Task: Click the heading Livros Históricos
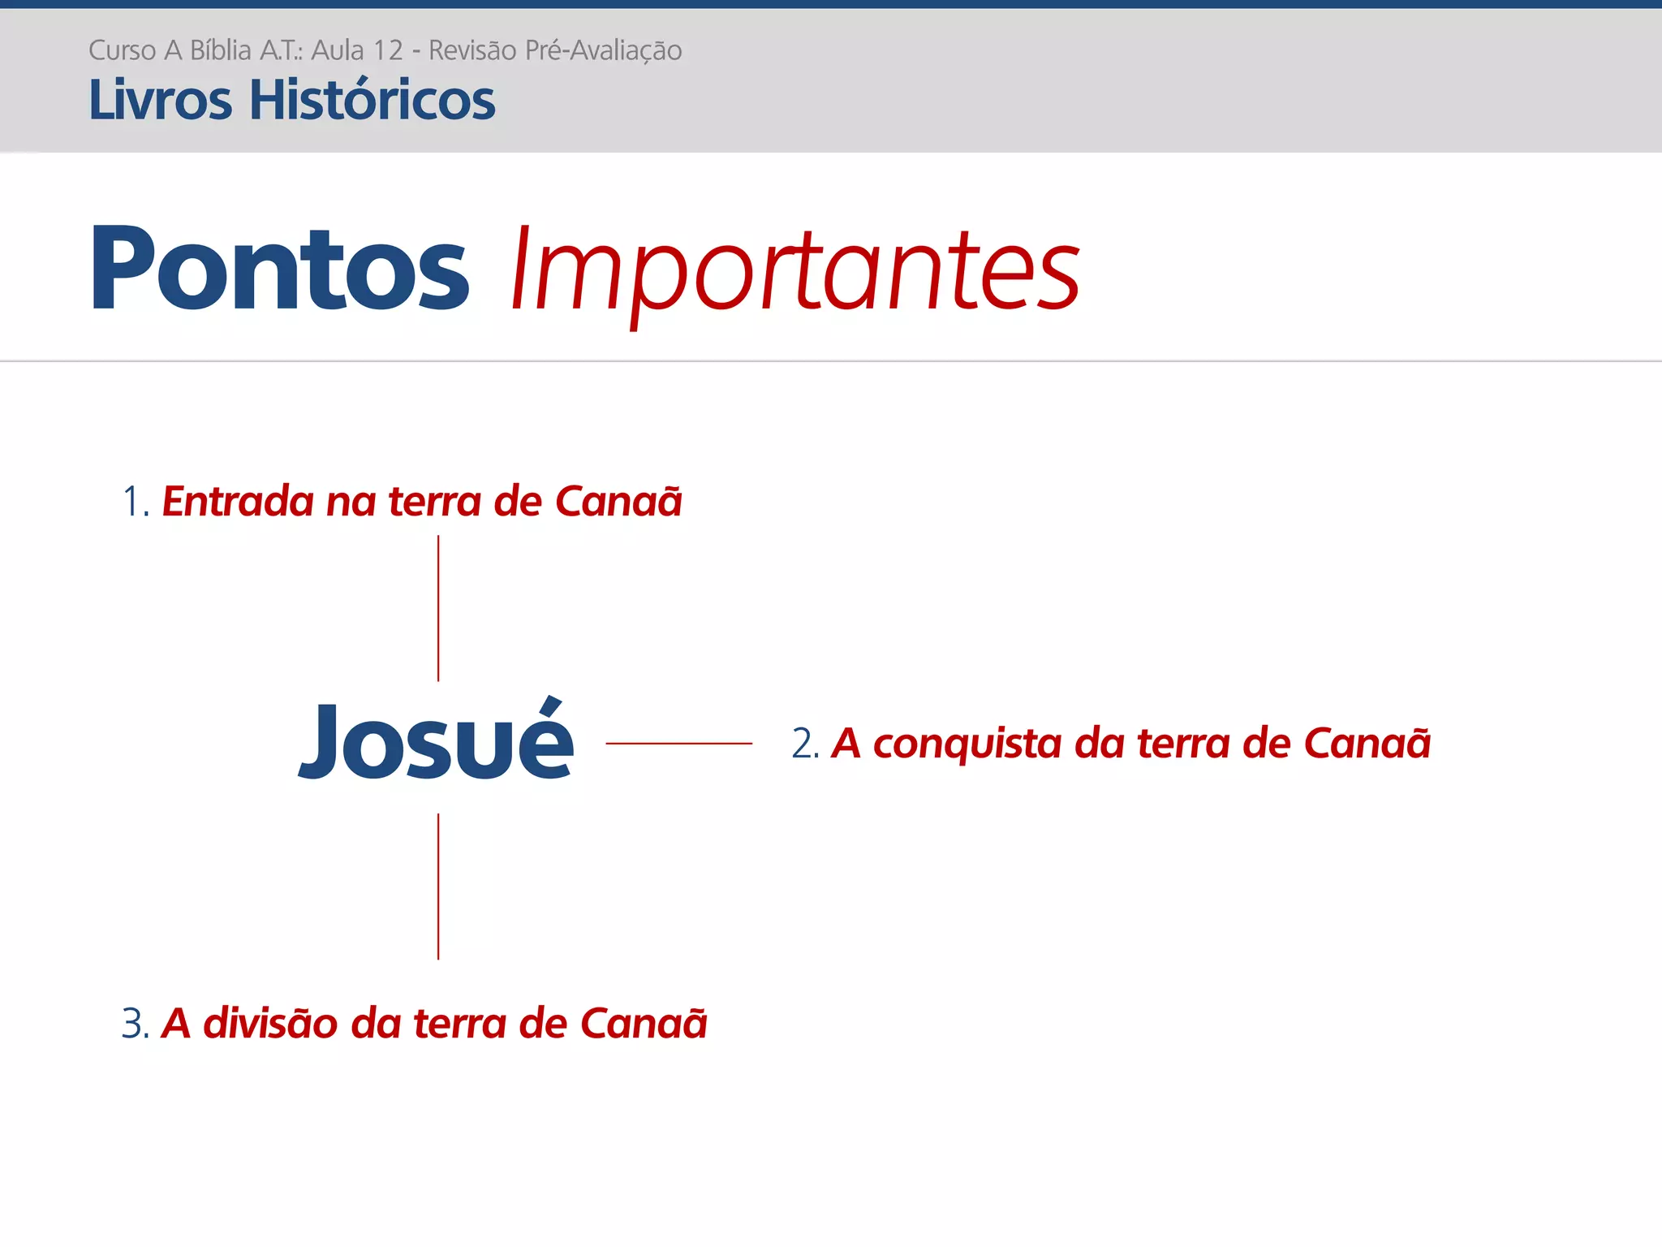click(x=291, y=101)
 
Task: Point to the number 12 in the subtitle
click(x=387, y=50)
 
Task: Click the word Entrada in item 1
click(x=238, y=501)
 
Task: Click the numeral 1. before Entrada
click(x=136, y=501)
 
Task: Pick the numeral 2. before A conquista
click(x=805, y=744)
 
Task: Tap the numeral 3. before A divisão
click(x=136, y=1023)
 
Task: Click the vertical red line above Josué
click(x=438, y=608)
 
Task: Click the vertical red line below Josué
click(x=438, y=887)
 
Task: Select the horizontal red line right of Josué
click(x=678, y=743)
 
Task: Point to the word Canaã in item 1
click(x=618, y=501)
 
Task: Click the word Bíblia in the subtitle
click(x=221, y=50)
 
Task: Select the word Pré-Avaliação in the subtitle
click(x=603, y=50)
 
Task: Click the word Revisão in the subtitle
click(x=472, y=50)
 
